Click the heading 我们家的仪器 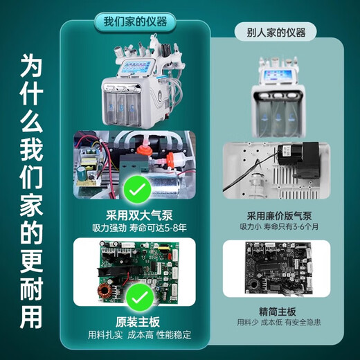[x=135, y=21]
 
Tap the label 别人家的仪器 [x=276, y=33]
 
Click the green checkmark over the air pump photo [x=137, y=189]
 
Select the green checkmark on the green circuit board [x=140, y=298]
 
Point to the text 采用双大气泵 [x=139, y=215]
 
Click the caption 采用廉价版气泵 [x=279, y=216]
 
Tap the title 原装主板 [x=138, y=322]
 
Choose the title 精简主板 [x=278, y=312]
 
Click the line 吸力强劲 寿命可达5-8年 [x=139, y=228]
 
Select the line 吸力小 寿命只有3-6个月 [x=279, y=226]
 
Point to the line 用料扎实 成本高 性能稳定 [x=139, y=335]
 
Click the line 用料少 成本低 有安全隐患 [x=279, y=322]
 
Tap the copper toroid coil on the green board [x=105, y=291]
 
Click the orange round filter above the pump [x=144, y=150]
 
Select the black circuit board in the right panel [x=278, y=268]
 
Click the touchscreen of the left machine [x=136, y=66]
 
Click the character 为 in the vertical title [x=31, y=66]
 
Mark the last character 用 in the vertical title [x=31, y=317]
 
